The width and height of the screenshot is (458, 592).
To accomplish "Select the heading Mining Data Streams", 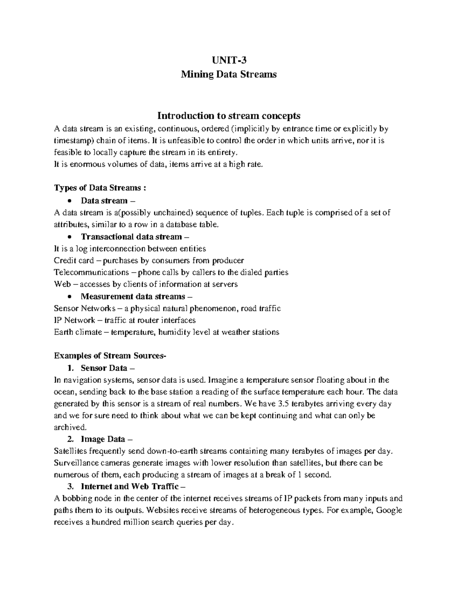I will tap(229, 74).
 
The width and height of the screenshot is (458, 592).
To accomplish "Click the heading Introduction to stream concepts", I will tap(229, 116).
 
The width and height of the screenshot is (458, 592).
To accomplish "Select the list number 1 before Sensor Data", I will tap(69, 368).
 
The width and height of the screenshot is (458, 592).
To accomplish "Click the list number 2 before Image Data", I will tap(69, 440).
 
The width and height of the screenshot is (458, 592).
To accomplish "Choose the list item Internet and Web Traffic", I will tap(129, 487).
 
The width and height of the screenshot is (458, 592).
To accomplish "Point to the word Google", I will tap(389, 510).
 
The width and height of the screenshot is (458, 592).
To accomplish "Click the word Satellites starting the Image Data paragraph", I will tap(71, 451).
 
